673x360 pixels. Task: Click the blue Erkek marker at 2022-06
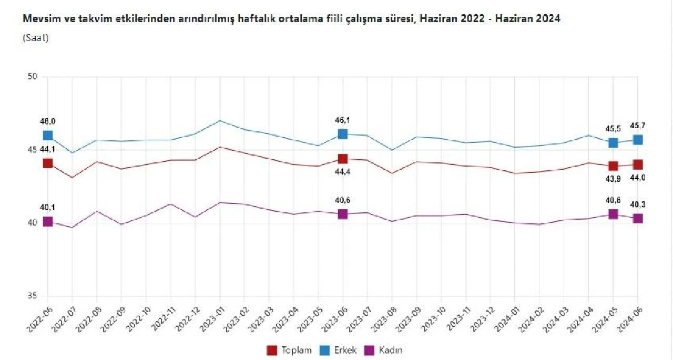click(x=48, y=136)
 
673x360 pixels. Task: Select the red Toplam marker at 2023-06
click(x=343, y=159)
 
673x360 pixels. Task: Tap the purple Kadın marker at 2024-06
click(x=638, y=219)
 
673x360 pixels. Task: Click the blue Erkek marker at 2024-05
click(x=613, y=143)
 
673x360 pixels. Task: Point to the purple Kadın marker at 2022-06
click(x=48, y=222)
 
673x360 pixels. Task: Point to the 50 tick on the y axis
click(x=33, y=77)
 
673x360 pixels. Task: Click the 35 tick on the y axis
click(x=33, y=296)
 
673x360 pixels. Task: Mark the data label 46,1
click(x=343, y=120)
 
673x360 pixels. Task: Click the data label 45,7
click(x=638, y=126)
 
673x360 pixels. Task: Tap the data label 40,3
click(x=638, y=204)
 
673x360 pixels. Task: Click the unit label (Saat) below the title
click(x=36, y=38)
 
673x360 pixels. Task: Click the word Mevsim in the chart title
click(x=37, y=19)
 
